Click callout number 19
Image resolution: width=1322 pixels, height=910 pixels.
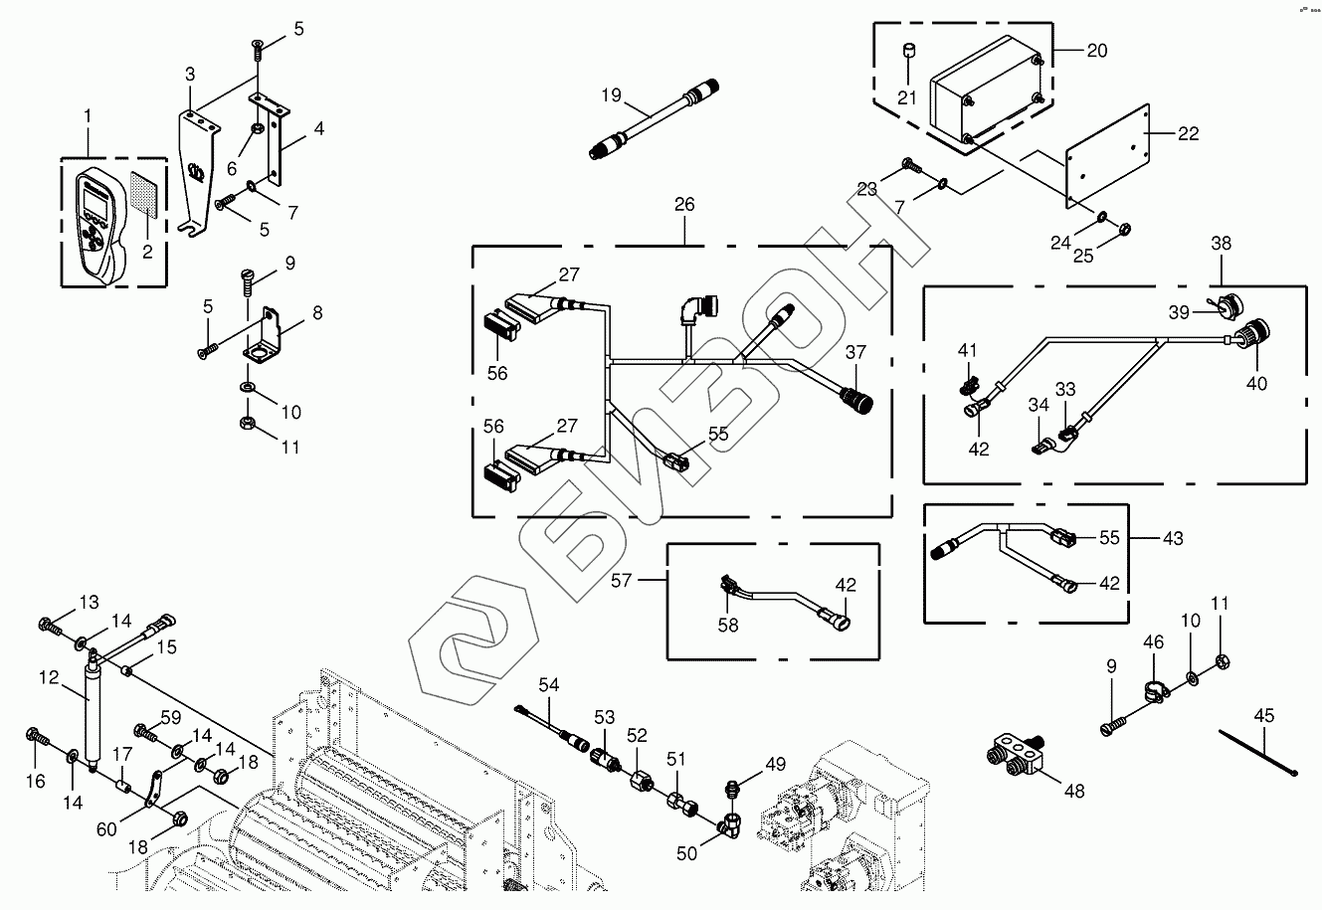click(611, 96)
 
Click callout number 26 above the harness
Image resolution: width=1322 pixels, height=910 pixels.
click(684, 205)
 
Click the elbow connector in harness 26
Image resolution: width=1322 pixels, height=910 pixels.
click(693, 312)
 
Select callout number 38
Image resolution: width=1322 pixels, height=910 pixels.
click(1221, 243)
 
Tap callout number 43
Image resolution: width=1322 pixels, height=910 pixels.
click(1173, 538)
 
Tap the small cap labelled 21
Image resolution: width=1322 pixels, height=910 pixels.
click(907, 51)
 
